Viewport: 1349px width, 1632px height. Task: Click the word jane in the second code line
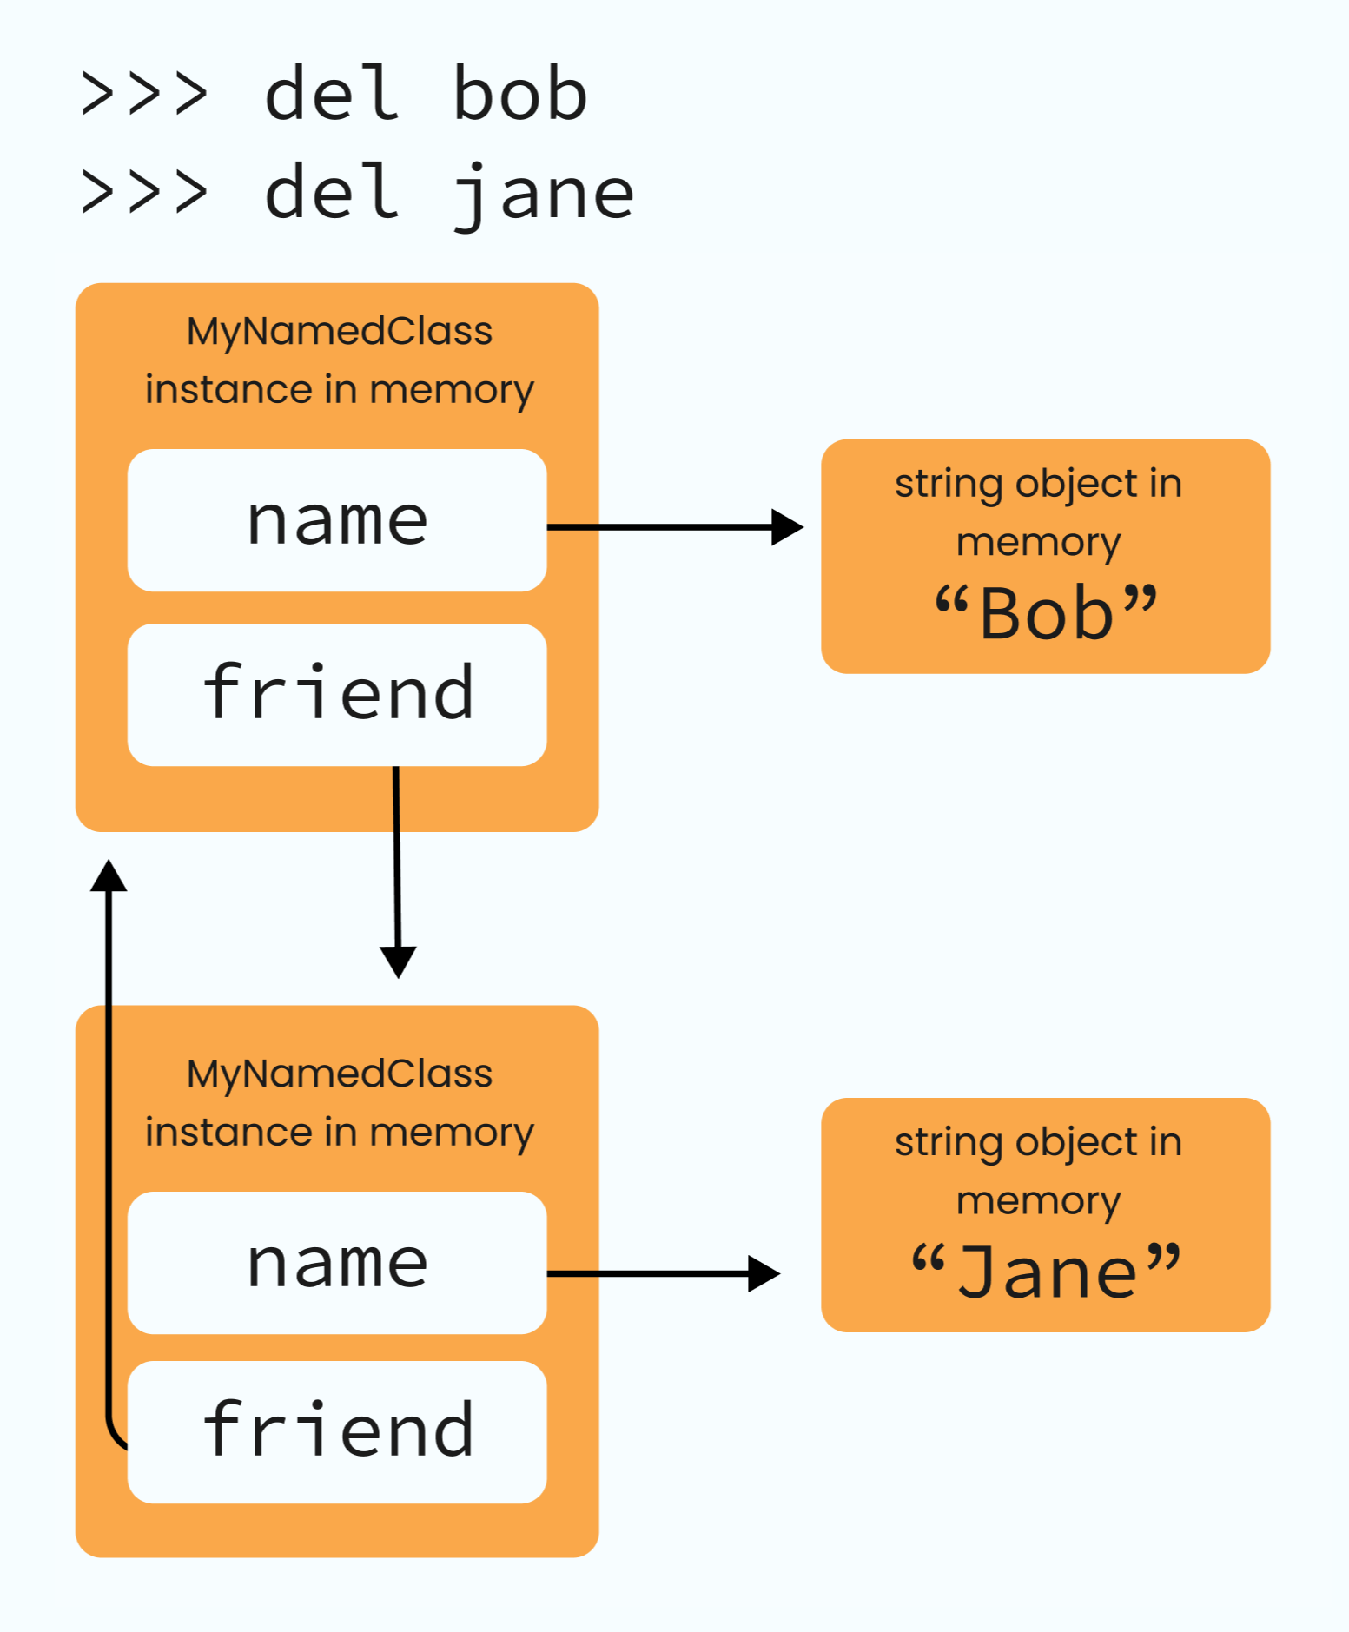(x=544, y=193)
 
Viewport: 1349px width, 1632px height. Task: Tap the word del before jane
(x=332, y=193)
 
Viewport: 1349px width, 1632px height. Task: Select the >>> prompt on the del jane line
(x=144, y=193)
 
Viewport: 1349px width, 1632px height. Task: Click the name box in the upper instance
(x=337, y=520)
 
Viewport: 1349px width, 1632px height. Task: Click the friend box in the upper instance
(x=337, y=694)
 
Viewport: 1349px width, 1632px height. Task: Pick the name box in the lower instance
(x=337, y=1263)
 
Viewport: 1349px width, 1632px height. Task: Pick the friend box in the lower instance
(x=337, y=1431)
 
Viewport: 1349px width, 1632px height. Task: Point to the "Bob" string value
(x=1046, y=613)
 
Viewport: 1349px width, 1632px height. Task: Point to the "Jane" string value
(x=1046, y=1272)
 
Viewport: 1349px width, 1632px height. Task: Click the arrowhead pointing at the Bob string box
(x=787, y=527)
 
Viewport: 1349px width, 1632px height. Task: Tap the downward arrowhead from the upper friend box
(x=398, y=961)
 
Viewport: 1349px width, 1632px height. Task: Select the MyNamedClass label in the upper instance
(x=340, y=331)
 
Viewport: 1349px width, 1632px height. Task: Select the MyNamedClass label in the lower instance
(x=340, y=1074)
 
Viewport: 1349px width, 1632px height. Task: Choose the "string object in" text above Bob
(x=1038, y=483)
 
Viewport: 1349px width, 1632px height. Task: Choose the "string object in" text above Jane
(x=1038, y=1141)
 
